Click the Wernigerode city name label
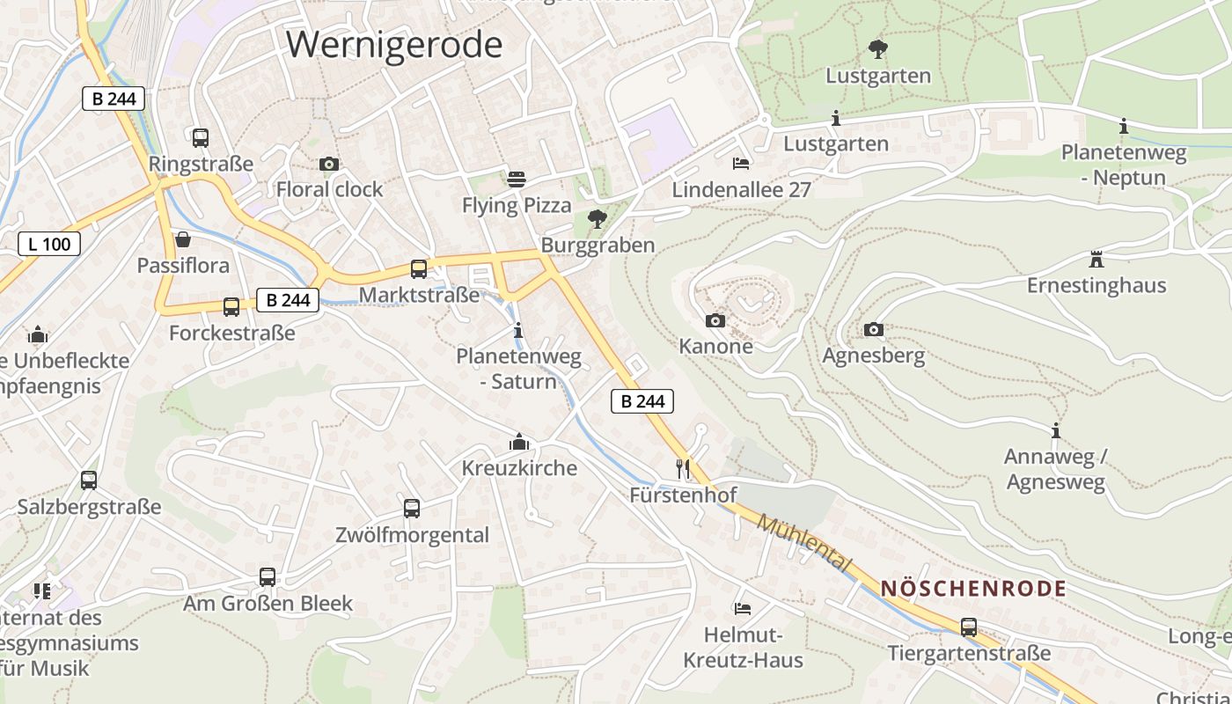coord(394,44)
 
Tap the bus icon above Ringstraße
coord(201,137)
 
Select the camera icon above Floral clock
coord(329,164)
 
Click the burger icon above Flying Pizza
coord(517,180)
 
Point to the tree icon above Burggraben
coord(598,218)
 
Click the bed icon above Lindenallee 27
coord(741,164)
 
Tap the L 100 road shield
coord(49,244)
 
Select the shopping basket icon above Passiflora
coord(183,239)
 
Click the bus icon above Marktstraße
coord(419,268)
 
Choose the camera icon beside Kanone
coord(715,320)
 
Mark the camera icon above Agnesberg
coord(873,329)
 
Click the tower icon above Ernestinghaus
coord(1096,260)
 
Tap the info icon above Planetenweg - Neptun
coord(1123,127)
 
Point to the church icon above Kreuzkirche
coord(519,442)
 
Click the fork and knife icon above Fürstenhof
coord(683,468)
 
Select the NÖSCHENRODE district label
coord(973,589)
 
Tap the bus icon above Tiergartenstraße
coord(969,627)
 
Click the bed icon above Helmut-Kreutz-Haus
coord(743,608)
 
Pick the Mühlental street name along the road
coord(804,542)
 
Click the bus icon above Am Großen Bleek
coord(268,577)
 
